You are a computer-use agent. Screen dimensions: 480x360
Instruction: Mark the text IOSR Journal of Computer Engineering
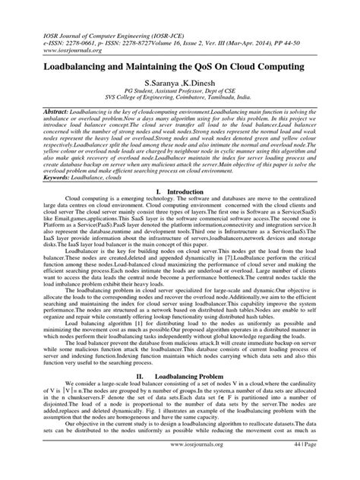(x=88, y=16)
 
